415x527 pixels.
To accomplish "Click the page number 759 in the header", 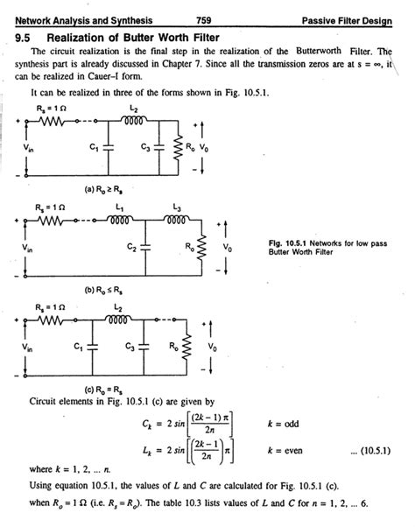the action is pos(204,20).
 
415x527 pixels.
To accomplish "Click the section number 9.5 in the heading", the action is pos(23,38).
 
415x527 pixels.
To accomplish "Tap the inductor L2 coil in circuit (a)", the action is pos(134,120).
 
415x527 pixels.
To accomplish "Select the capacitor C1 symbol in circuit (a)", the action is pos(109,147).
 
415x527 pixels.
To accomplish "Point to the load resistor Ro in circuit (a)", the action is pos(178,148).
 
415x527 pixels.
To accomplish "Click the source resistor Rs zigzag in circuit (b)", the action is pos(51,221).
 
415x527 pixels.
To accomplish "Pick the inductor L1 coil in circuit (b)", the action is pos(119,220).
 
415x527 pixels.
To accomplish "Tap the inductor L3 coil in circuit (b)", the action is pos(176,220).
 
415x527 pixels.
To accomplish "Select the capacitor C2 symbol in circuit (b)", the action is pos(145,247).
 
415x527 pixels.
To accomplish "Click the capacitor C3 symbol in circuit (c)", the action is pos(144,347).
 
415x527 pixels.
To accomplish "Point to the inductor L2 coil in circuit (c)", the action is pos(118,319).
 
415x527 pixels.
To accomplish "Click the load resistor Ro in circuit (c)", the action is pos(186,348).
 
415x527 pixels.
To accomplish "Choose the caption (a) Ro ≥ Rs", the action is pos(103,190).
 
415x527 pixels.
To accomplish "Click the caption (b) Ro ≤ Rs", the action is pos(103,290).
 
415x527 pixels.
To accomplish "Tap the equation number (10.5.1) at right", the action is pos(375,450).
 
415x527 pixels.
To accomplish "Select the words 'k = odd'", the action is pos(283,424).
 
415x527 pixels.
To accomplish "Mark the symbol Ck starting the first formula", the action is pos(147,425).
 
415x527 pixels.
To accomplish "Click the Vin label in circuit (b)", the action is pos(27,248).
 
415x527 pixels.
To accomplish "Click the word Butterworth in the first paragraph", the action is pos(318,51).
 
